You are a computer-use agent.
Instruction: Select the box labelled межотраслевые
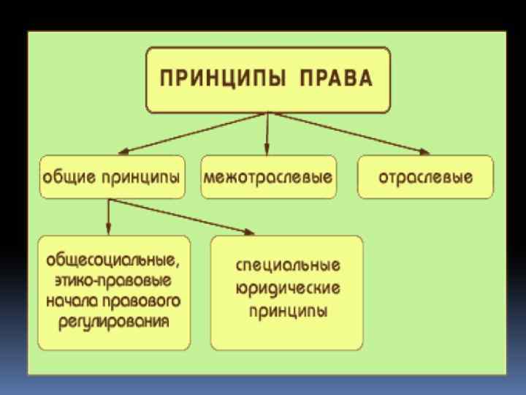pos(269,176)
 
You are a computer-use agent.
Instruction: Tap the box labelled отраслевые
pos(425,176)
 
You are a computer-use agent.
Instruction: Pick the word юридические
pos(287,287)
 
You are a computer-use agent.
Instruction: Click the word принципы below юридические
pos(287,310)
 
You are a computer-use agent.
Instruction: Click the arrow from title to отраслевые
pos(347,132)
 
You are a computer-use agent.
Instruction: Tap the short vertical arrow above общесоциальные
pos(109,216)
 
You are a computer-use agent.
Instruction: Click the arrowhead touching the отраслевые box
pos(422,151)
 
